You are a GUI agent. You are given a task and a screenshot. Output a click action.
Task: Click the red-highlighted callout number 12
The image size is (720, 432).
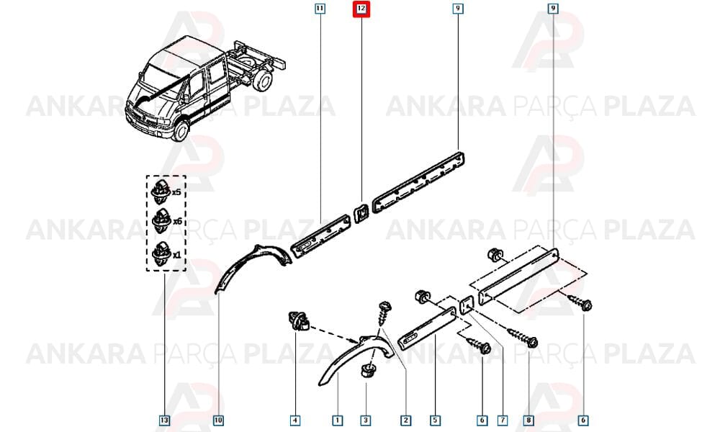(x=361, y=8)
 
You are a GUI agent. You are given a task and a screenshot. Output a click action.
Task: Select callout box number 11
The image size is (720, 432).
(x=320, y=8)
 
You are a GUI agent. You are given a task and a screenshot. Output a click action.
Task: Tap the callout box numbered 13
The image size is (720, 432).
(x=164, y=420)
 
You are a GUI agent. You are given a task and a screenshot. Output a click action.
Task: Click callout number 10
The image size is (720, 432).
(x=218, y=420)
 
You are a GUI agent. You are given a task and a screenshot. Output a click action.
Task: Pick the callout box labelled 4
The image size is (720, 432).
(x=295, y=420)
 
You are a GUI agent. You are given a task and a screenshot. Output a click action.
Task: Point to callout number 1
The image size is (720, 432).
(x=338, y=420)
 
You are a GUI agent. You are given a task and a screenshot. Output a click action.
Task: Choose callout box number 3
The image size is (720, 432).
(x=366, y=420)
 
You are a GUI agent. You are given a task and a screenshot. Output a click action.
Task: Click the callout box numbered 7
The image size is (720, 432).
(x=503, y=420)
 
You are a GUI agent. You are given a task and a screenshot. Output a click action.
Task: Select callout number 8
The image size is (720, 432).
(x=528, y=420)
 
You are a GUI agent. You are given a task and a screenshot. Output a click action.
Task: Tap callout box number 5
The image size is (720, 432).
(x=435, y=420)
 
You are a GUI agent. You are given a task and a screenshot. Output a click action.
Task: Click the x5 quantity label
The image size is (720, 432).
(x=176, y=192)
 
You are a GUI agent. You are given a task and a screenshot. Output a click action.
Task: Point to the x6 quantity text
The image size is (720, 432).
(x=177, y=221)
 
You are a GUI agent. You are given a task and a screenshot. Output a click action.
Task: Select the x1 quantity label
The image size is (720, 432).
(x=176, y=255)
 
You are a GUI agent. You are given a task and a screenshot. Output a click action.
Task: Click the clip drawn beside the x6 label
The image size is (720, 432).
(x=161, y=221)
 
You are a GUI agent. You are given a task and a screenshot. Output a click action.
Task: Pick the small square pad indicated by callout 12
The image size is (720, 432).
(x=361, y=212)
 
